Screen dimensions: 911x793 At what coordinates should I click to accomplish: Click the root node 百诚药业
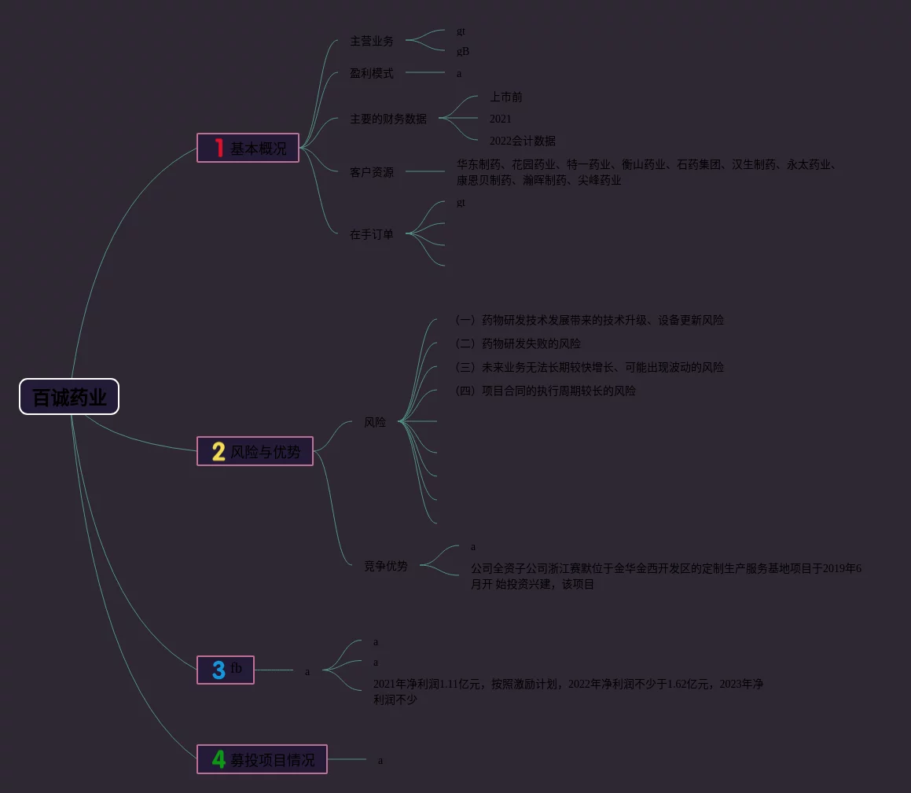69,397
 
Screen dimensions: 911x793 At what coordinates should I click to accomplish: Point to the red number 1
219,148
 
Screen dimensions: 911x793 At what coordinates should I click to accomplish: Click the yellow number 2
219,452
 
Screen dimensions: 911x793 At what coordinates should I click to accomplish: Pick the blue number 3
219,670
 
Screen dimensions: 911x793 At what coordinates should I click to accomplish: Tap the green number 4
219,760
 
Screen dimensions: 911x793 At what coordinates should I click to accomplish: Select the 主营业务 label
372,41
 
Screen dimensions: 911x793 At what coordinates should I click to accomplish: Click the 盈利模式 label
372,73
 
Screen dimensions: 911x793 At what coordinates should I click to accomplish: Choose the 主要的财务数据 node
388,119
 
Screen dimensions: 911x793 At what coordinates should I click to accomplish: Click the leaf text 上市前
506,97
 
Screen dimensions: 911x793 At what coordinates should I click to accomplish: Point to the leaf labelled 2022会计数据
523,141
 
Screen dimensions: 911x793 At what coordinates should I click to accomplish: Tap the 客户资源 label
372,172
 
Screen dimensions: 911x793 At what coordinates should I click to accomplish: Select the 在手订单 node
372,234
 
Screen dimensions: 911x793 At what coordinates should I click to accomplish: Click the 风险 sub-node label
375,422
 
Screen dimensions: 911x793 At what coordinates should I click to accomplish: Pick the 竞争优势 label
386,566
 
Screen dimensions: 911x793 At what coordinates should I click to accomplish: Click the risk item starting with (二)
518,343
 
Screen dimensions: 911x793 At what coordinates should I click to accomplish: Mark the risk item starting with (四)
545,391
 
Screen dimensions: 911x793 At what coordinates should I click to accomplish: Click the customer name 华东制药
479,165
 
